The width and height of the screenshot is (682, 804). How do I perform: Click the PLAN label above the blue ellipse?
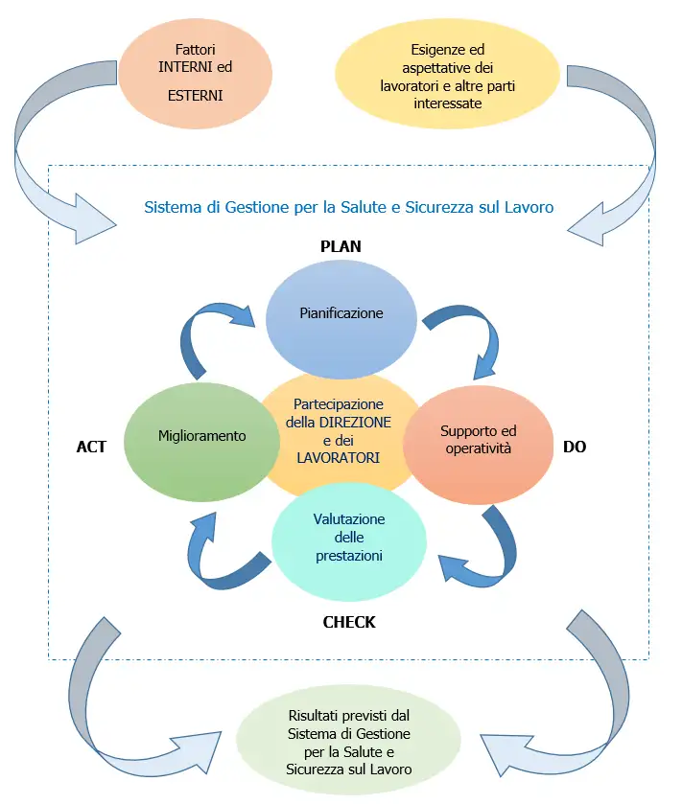coord(341,246)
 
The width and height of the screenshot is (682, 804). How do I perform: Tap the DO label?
coord(575,447)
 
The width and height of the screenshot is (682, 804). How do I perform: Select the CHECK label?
coord(349,622)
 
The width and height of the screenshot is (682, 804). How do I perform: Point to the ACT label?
coord(91,447)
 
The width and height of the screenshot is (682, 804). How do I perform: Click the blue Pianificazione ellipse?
coord(341,312)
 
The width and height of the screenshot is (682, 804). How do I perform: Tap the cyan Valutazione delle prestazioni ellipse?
coord(349,542)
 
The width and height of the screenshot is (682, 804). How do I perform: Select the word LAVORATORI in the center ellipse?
coord(339,458)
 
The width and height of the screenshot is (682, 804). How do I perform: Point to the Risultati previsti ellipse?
coord(349,743)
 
